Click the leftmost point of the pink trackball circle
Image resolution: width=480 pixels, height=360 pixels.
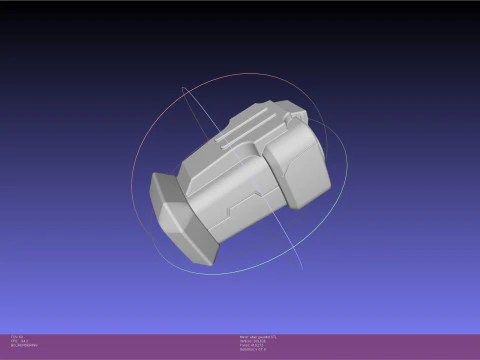point(132,175)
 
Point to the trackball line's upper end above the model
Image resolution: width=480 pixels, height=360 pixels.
point(183,87)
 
